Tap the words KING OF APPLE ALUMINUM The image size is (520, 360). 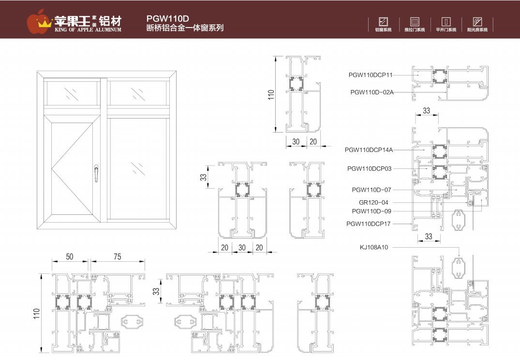click(88, 30)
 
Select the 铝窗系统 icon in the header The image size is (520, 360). click(383, 22)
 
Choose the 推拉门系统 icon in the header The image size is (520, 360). click(415, 22)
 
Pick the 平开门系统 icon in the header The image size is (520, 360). click(446, 22)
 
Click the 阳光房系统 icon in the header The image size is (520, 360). click(477, 22)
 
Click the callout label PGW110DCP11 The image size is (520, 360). click(371, 75)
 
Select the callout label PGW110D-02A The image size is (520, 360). click(372, 91)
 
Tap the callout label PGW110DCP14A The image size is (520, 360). click(369, 150)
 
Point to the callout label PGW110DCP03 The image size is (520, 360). click(370, 168)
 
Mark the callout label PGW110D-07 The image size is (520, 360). click(371, 190)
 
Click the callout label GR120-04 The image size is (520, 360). click(373, 203)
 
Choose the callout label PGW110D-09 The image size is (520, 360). click(371, 211)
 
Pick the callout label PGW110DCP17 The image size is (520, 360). click(369, 224)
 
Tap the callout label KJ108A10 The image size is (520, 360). click(374, 247)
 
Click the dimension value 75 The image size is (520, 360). click(117, 257)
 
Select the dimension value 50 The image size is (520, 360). click(70, 257)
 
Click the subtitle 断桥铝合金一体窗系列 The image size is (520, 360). click(185, 28)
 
